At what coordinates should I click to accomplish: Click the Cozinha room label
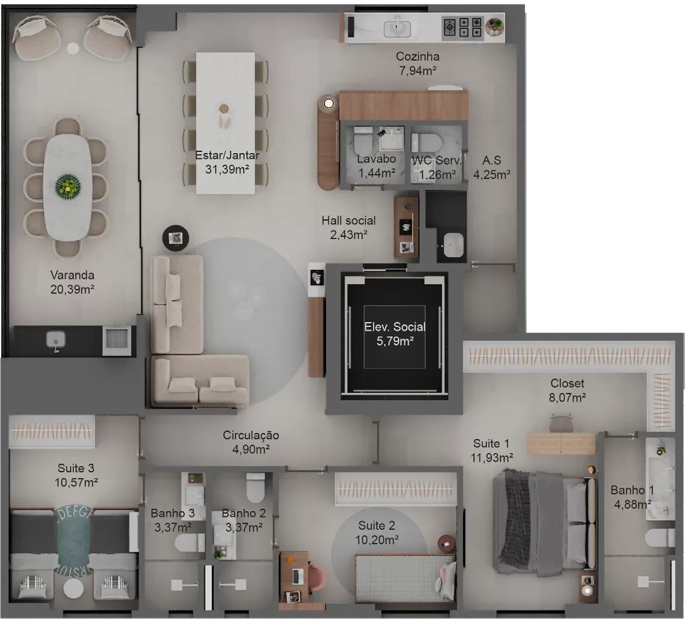tap(417, 56)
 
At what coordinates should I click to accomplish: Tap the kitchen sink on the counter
tap(397, 28)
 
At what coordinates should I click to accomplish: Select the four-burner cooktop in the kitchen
tap(462, 27)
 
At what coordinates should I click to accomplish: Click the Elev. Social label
tap(395, 327)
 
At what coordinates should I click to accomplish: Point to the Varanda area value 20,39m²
tap(72, 290)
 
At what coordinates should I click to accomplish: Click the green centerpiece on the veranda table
tap(68, 186)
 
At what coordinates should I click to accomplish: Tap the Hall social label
tap(348, 220)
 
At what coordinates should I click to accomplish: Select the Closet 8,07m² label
tap(567, 391)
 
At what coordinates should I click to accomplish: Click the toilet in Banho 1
tap(660, 538)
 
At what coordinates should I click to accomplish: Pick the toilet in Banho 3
tap(189, 543)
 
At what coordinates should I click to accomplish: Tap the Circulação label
tap(251, 435)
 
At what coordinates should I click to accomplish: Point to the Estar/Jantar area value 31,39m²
tap(227, 169)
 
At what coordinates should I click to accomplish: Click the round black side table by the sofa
tap(176, 238)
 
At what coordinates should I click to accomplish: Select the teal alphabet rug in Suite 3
tap(74, 542)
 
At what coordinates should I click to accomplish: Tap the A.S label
tap(491, 160)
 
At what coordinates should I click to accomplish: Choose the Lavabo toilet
tap(363, 141)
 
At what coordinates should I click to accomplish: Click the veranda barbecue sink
tap(56, 340)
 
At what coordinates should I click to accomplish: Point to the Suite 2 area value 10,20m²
tap(377, 540)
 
